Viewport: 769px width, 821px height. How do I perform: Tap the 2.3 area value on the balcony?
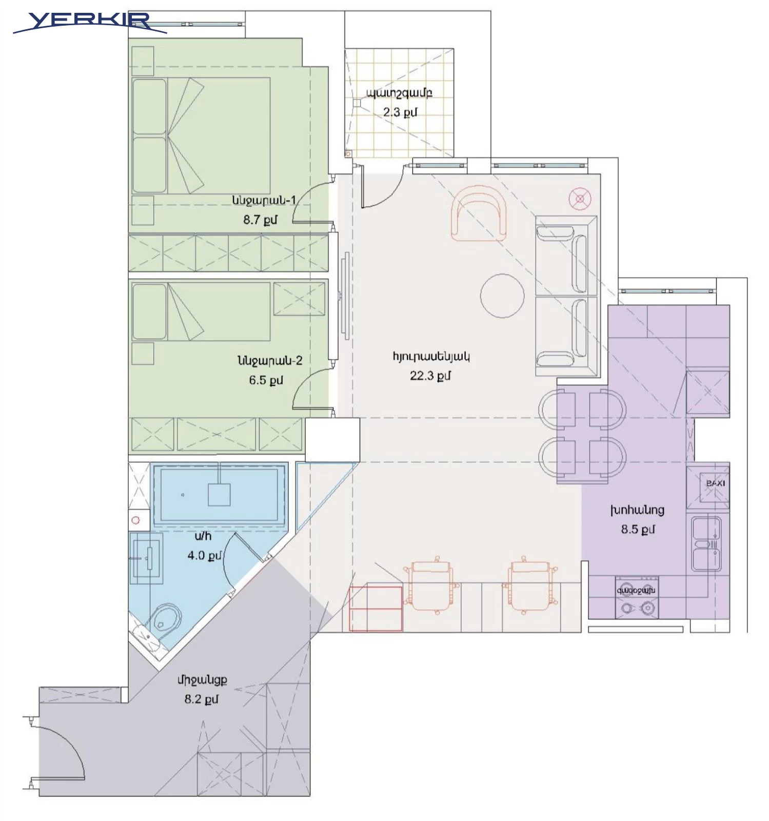click(400, 112)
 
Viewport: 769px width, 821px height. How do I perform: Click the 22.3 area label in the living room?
click(430, 376)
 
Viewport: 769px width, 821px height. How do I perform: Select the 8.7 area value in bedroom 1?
click(260, 220)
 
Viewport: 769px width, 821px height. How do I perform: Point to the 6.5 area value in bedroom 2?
click(266, 380)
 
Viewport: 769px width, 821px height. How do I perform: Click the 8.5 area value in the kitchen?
click(638, 529)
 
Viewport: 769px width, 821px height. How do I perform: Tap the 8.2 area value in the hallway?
click(201, 699)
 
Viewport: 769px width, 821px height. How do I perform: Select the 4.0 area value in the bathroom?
click(204, 555)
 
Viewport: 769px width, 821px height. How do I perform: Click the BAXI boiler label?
click(715, 483)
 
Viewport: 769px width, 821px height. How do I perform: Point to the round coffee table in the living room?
click(502, 296)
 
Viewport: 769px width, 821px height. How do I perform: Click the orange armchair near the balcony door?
click(478, 213)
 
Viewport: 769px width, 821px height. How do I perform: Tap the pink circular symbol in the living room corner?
click(580, 199)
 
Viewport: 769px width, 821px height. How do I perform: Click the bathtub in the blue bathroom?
click(219, 495)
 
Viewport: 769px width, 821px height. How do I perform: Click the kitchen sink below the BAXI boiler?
click(706, 544)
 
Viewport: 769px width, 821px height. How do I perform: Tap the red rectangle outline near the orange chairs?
click(376, 609)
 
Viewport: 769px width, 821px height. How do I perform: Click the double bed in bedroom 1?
click(201, 135)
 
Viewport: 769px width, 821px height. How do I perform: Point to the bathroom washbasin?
click(146, 558)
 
